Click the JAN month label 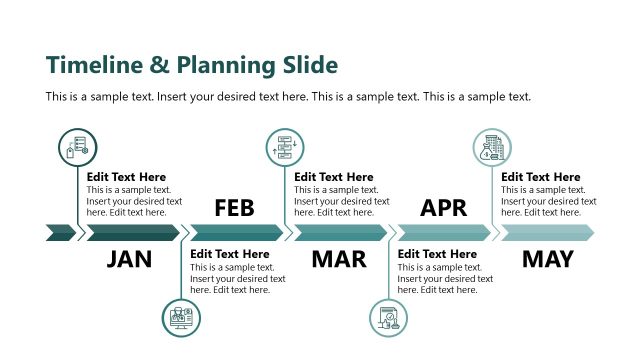click(x=129, y=260)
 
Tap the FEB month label click(x=234, y=208)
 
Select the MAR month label click(x=339, y=260)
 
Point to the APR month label click(x=443, y=208)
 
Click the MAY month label click(x=547, y=260)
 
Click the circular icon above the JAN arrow click(x=77, y=148)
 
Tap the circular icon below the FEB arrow click(x=181, y=318)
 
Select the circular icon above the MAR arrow click(x=285, y=146)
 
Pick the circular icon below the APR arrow click(x=389, y=318)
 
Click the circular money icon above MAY click(x=492, y=148)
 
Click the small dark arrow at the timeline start click(x=60, y=233)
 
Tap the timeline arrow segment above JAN click(x=132, y=233)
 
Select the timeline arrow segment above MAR click(x=339, y=233)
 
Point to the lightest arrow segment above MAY click(x=547, y=233)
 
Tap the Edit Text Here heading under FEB click(x=230, y=254)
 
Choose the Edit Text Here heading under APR click(x=437, y=254)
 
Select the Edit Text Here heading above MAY click(x=541, y=177)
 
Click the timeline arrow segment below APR click(x=443, y=233)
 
